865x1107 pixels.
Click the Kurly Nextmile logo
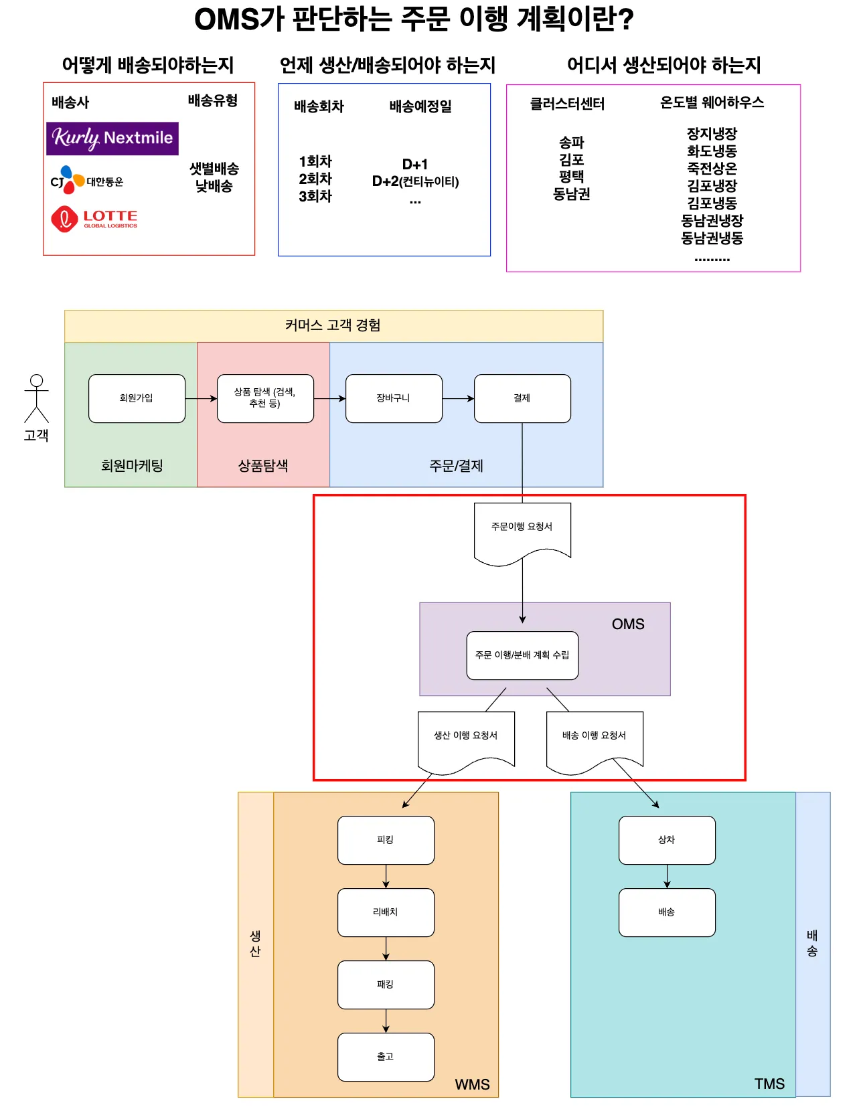click(112, 138)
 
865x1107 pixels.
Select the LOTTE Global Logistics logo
click(94, 219)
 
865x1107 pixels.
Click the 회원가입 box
click(137, 398)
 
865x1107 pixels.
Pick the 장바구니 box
click(394, 398)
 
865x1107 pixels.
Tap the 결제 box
click(522, 398)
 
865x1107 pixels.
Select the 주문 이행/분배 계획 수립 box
click(522, 655)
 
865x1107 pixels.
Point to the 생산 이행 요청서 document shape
click(466, 739)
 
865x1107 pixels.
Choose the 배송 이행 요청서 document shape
click(595, 739)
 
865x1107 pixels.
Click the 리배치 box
click(386, 912)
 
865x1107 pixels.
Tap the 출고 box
click(386, 1057)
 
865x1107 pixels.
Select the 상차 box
click(667, 840)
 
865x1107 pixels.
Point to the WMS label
click(472, 1084)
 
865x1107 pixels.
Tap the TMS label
click(769, 1084)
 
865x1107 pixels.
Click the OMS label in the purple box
click(628, 624)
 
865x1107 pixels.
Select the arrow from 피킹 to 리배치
click(386, 876)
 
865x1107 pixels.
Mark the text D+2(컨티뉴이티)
click(415, 181)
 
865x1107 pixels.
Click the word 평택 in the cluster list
click(571, 177)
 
